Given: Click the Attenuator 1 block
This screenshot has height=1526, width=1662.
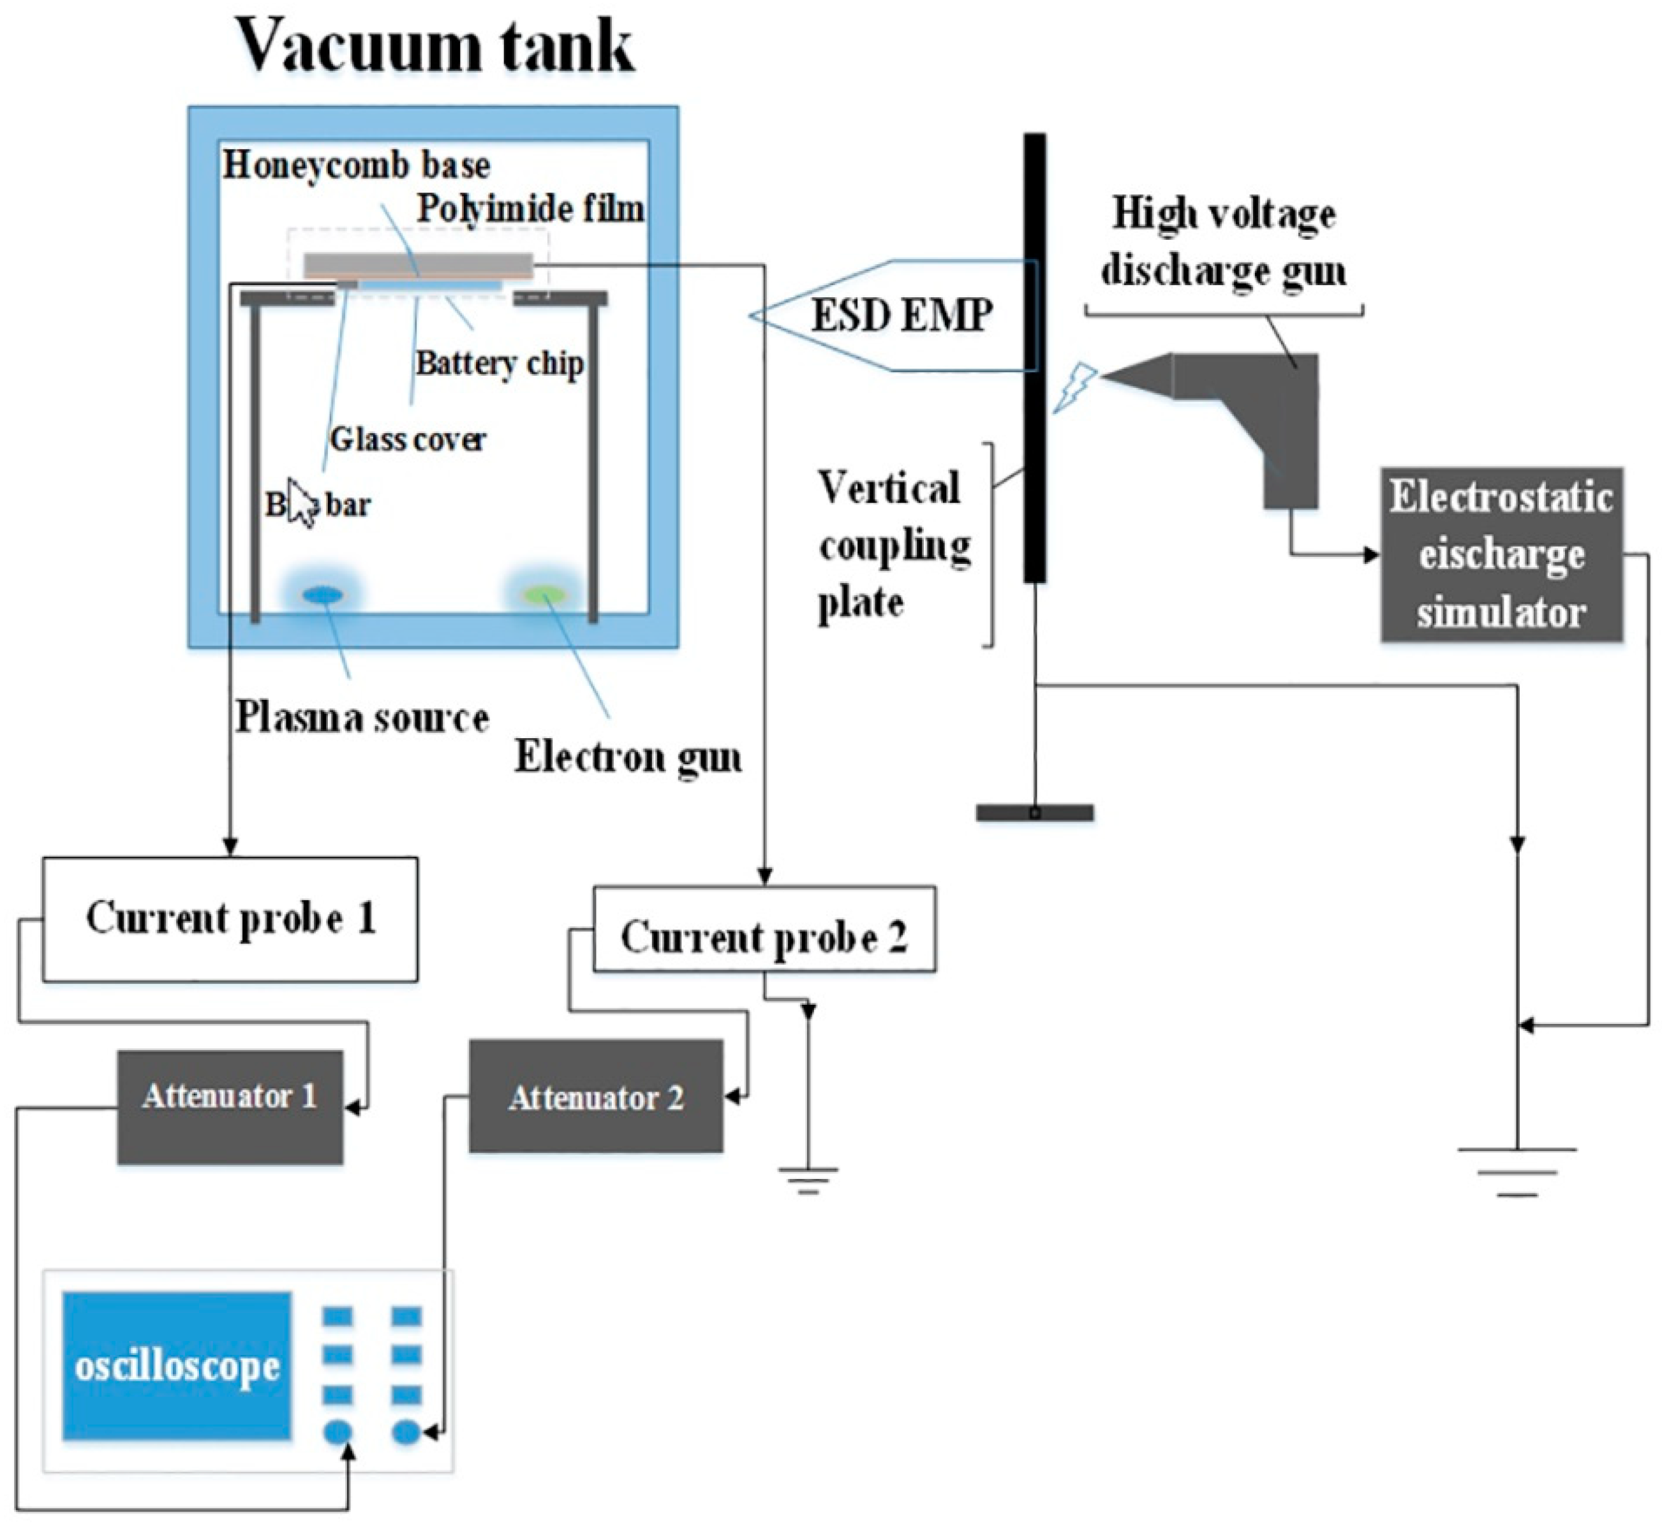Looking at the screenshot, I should coord(230,1106).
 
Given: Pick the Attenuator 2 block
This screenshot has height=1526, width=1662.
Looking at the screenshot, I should coord(595,1097).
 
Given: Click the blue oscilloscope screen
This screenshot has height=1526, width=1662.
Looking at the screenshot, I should coord(177,1366).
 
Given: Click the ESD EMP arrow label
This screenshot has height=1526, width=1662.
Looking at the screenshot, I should coord(900,315).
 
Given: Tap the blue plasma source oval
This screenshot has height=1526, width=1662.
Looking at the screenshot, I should coord(322,595).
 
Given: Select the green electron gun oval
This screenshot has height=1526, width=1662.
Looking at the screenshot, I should coord(542,595).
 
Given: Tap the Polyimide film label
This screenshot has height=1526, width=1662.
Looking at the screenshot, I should coord(530,208).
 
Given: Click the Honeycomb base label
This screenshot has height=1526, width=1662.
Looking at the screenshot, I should coord(356,166).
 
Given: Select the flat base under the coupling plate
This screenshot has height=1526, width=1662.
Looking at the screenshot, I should coord(1034,813).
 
